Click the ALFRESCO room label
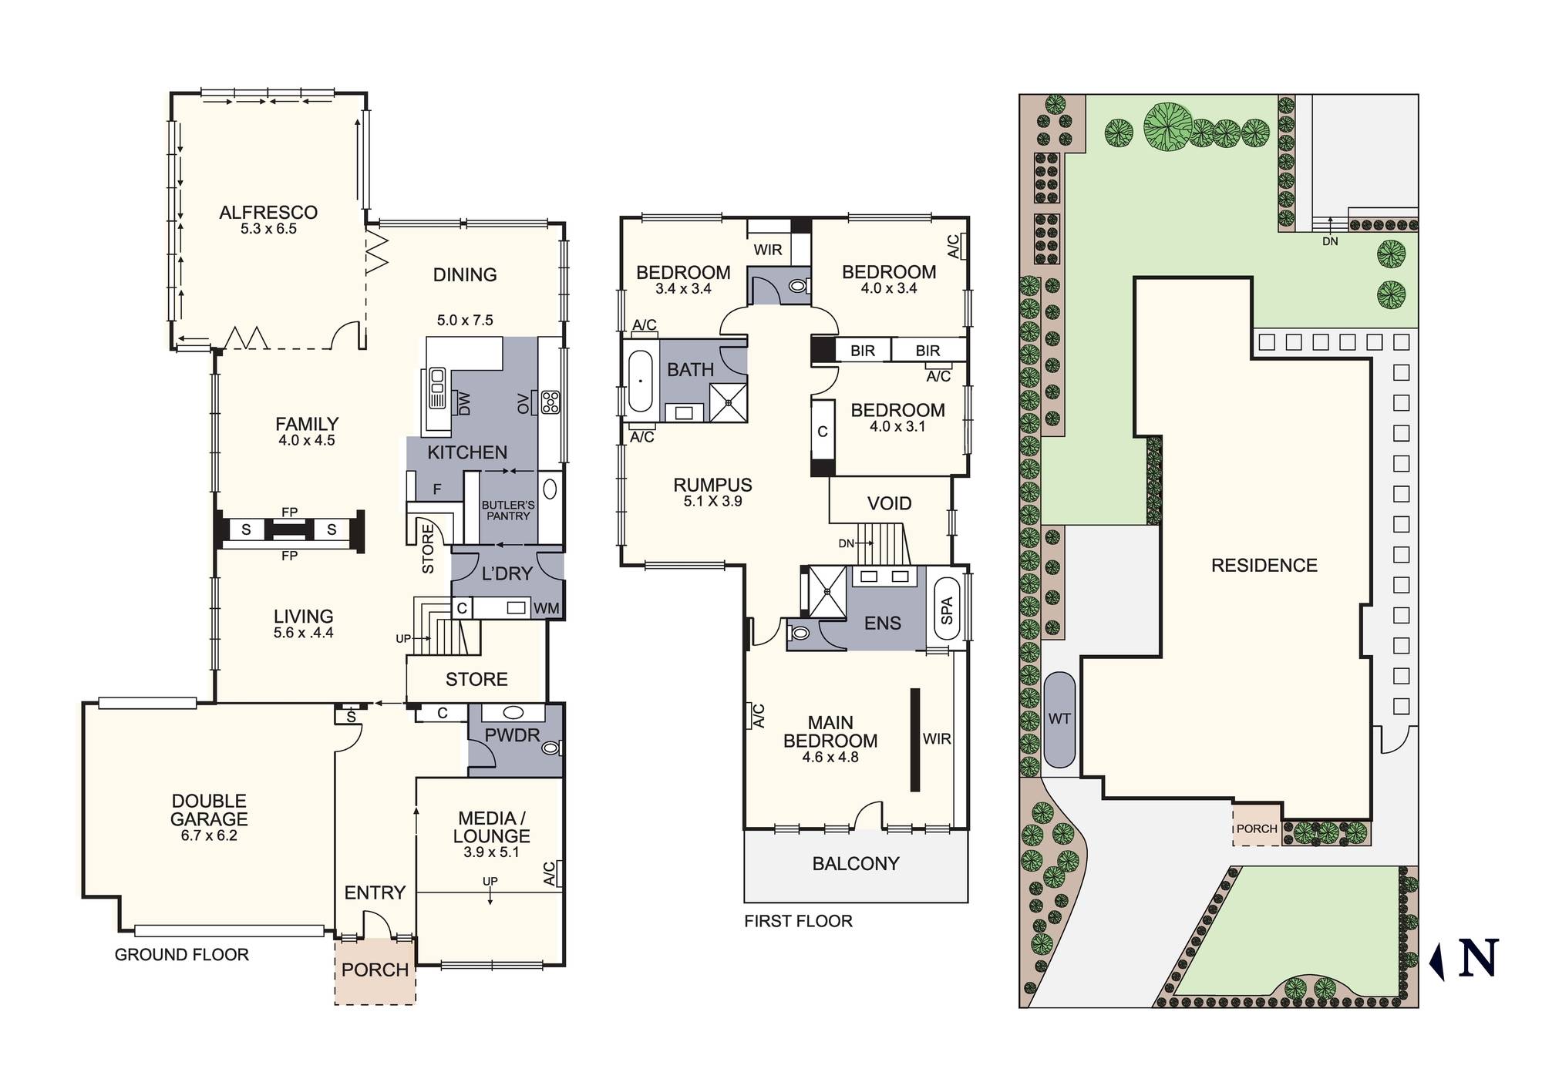(x=268, y=212)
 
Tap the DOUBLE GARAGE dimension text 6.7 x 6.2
(x=209, y=835)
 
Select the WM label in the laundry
(x=546, y=608)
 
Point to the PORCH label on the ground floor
(x=375, y=970)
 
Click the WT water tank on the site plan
(x=1059, y=719)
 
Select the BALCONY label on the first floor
(x=856, y=863)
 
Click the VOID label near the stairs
(x=889, y=503)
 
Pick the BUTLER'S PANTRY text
(x=507, y=510)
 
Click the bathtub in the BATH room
(x=640, y=381)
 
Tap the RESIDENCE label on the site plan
(x=1264, y=565)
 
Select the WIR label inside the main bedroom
(x=936, y=738)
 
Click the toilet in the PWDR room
(x=550, y=748)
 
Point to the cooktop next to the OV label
(x=550, y=402)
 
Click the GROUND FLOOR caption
(x=181, y=954)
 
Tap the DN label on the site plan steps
(x=1330, y=241)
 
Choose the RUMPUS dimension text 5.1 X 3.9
(x=712, y=501)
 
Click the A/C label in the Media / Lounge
(x=549, y=873)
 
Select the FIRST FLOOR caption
(x=798, y=921)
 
